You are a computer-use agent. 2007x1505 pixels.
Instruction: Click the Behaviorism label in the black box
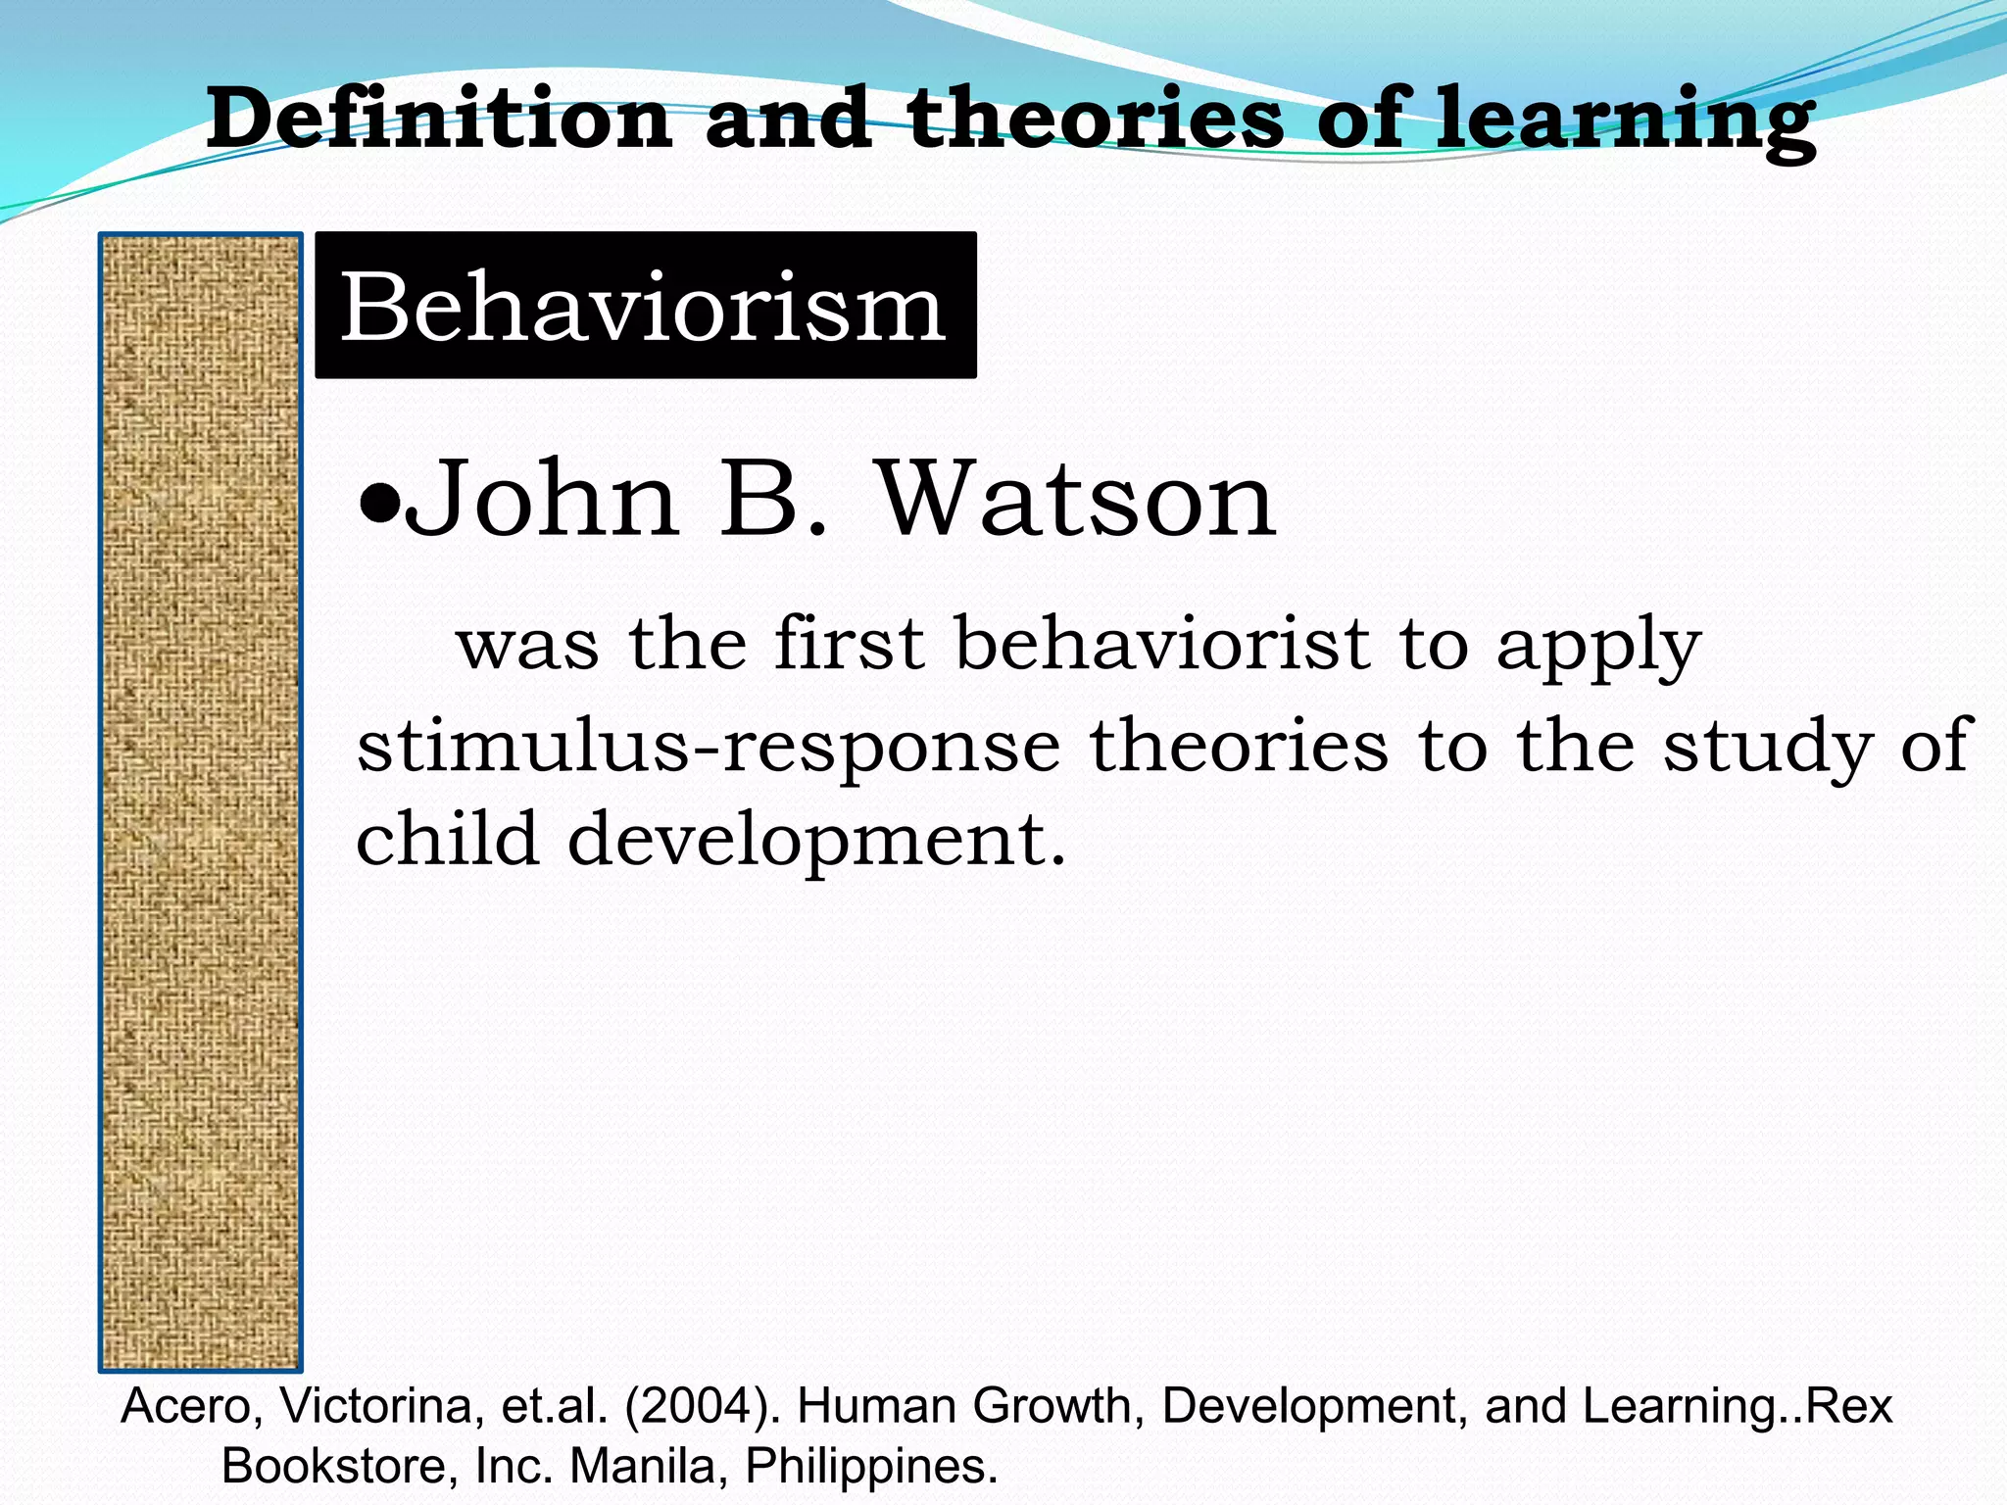coord(643,307)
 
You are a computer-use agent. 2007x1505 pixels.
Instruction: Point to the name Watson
coord(1077,500)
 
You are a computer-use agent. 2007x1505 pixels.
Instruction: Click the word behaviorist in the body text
coord(1162,644)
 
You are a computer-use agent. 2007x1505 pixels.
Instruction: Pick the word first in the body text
coord(849,644)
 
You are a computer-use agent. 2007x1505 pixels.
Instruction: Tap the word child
coord(447,840)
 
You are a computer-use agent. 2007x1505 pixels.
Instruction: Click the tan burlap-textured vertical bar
coord(201,801)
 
